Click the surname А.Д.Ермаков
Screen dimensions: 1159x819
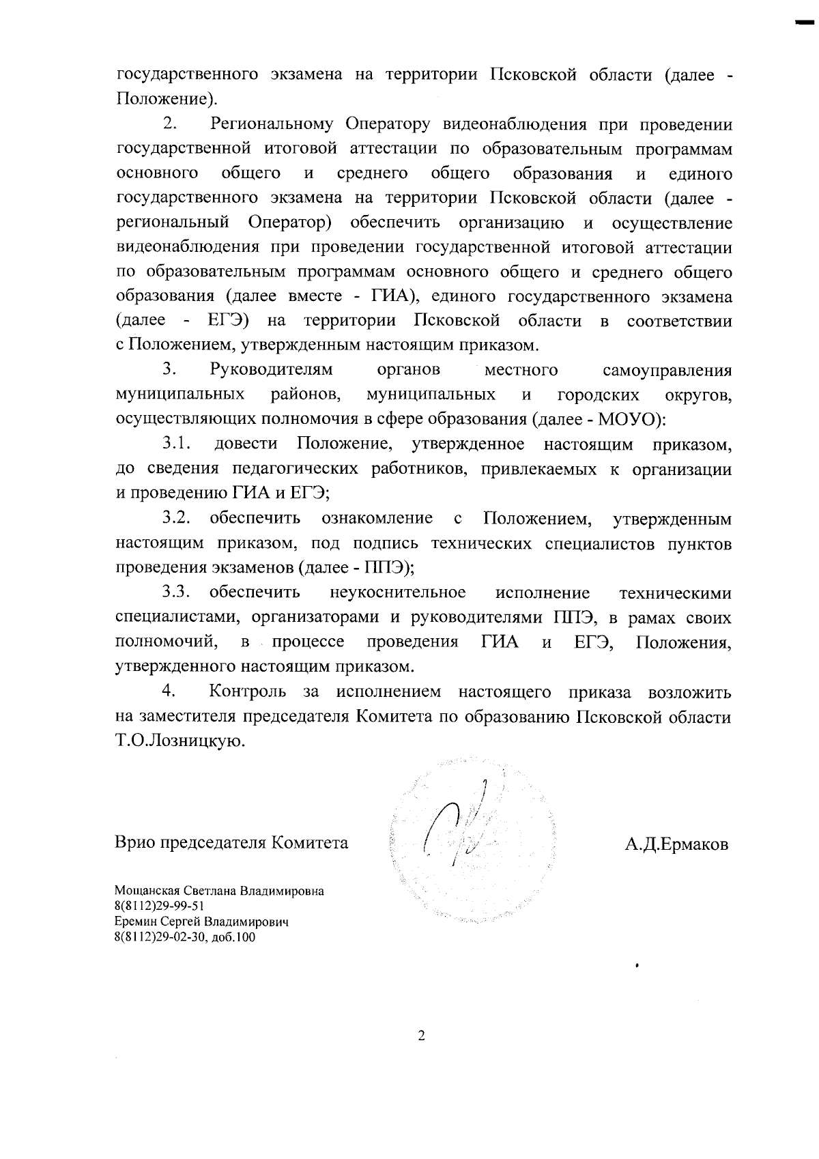click(x=676, y=844)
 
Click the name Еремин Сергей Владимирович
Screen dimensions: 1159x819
click(x=202, y=922)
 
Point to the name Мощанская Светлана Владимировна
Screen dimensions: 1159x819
click(x=219, y=891)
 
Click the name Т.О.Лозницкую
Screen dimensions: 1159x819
click(x=179, y=742)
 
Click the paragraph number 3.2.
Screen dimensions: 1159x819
click(x=176, y=519)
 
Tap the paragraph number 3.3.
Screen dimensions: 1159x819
click(x=176, y=592)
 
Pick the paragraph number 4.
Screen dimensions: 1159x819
click(x=169, y=692)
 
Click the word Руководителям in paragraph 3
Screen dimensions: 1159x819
click(x=272, y=371)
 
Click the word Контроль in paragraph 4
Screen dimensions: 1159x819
click(x=248, y=692)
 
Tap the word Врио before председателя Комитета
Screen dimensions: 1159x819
click(x=134, y=843)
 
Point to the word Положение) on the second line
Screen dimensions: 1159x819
click(x=167, y=100)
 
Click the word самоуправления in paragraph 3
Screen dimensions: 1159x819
click(x=667, y=371)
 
